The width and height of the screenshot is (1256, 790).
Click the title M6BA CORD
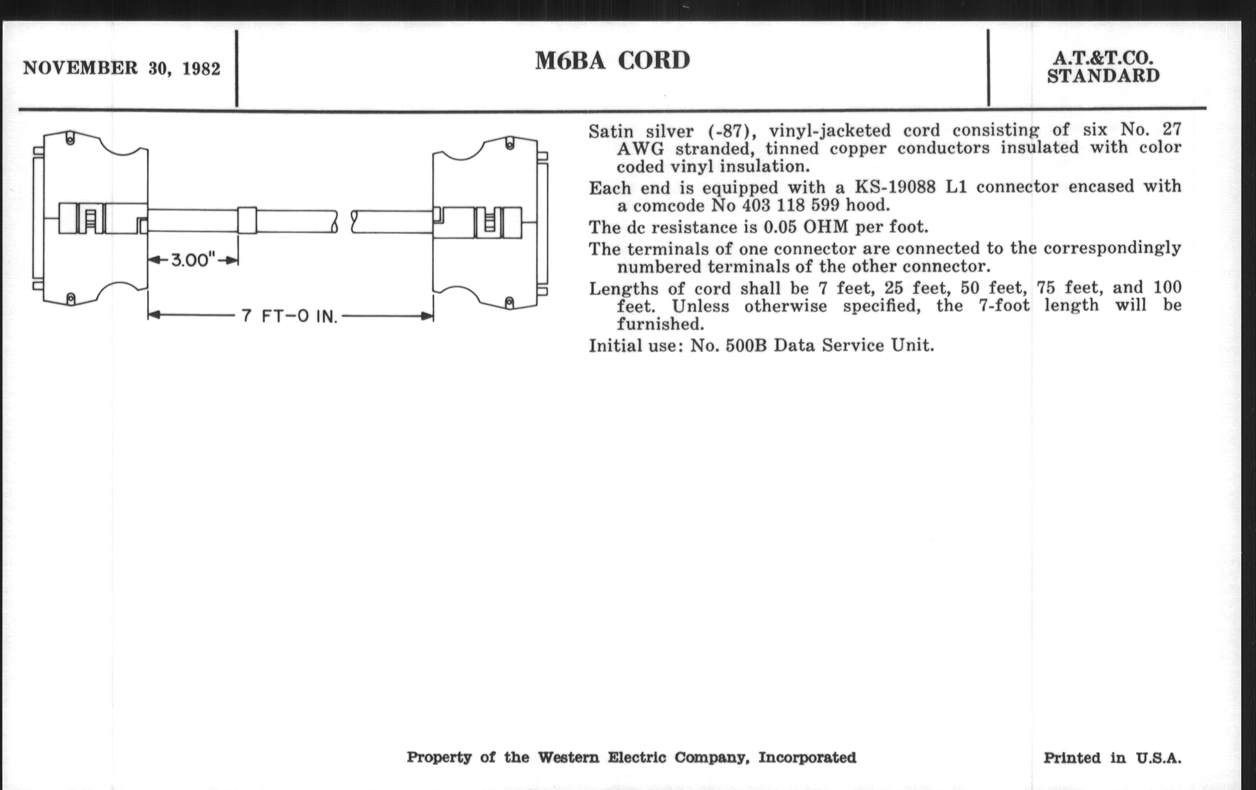(x=613, y=60)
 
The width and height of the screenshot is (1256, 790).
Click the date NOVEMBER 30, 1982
(x=121, y=68)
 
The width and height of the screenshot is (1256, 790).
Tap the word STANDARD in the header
(x=1103, y=76)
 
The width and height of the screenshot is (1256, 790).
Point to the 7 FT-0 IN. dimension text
(x=289, y=316)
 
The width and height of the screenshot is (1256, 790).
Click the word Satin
(x=611, y=131)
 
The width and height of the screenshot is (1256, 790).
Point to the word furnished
(x=661, y=324)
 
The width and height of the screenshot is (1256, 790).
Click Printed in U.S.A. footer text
(x=1112, y=758)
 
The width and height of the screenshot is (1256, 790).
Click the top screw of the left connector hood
(x=70, y=139)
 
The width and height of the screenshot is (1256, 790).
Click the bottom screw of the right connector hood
(x=510, y=302)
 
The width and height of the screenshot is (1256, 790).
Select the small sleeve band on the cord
(x=247, y=220)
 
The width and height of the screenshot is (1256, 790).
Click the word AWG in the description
(x=640, y=149)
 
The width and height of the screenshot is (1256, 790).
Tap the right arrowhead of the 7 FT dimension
(x=427, y=315)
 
